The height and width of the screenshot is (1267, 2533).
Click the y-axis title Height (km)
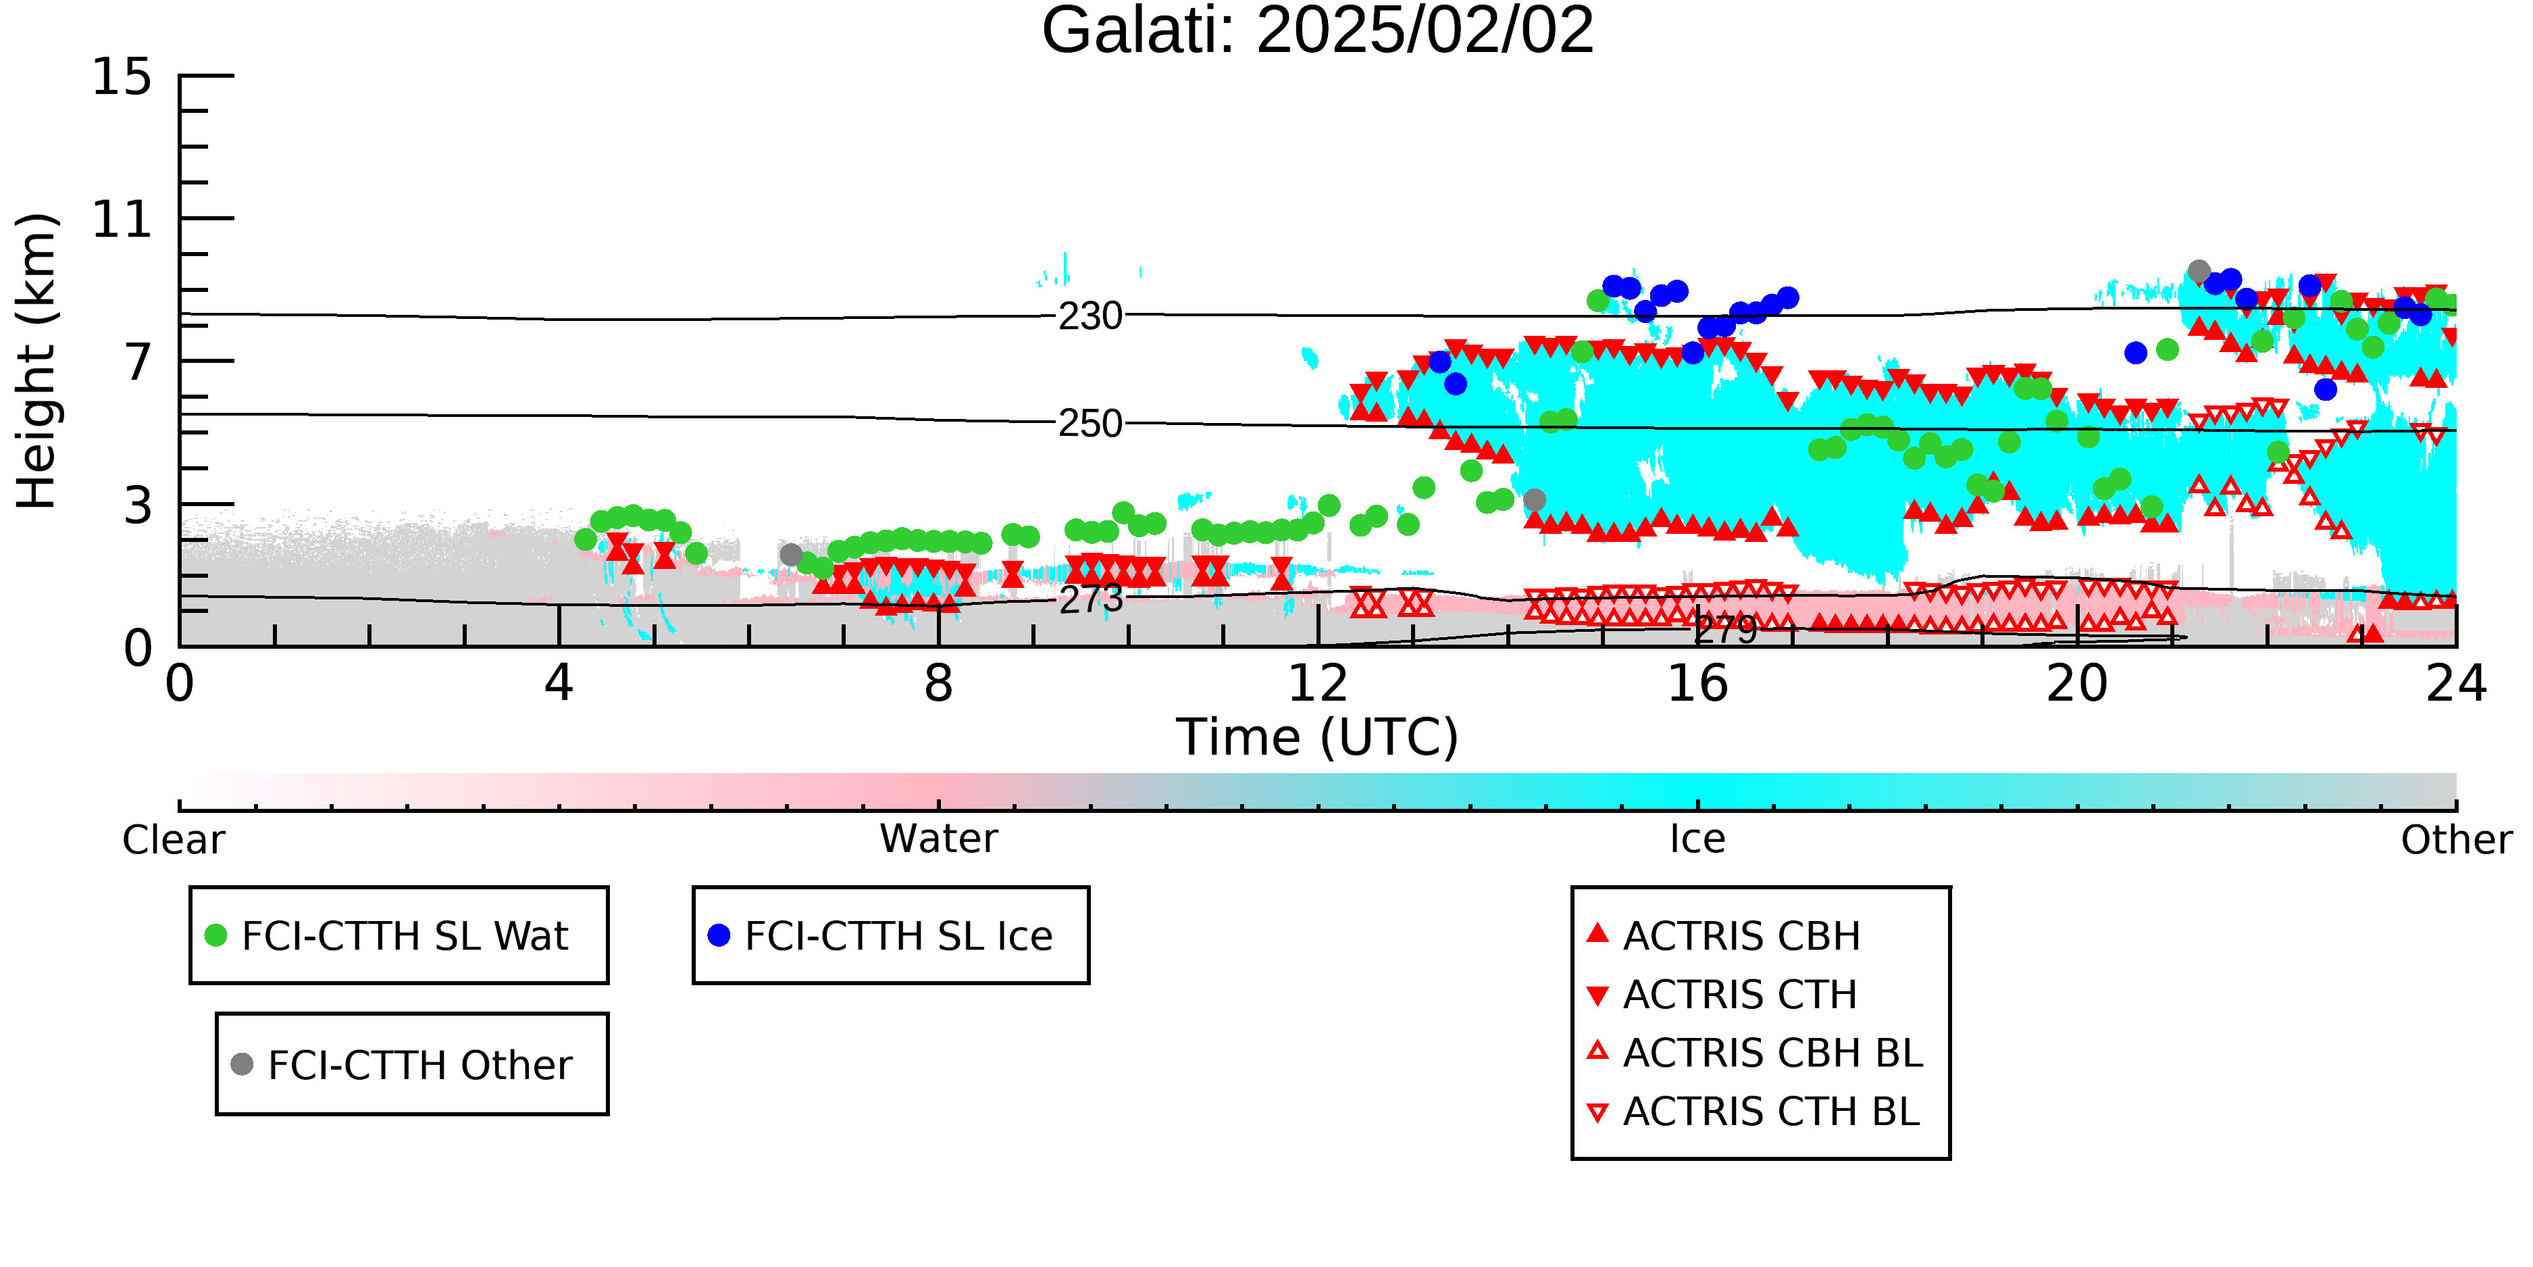coord(37,361)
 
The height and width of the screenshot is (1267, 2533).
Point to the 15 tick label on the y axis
coord(122,77)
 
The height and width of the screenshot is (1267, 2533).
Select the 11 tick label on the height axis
coord(122,220)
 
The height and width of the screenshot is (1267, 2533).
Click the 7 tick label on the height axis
coord(138,362)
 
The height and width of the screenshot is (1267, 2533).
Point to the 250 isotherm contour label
coord(1090,424)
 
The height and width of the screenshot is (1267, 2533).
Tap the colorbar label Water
coord(939,839)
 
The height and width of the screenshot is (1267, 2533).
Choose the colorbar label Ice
coord(1697,839)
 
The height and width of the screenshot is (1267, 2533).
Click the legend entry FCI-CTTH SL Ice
coord(880,935)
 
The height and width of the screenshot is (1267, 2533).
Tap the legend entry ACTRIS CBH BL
coord(1754,1053)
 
